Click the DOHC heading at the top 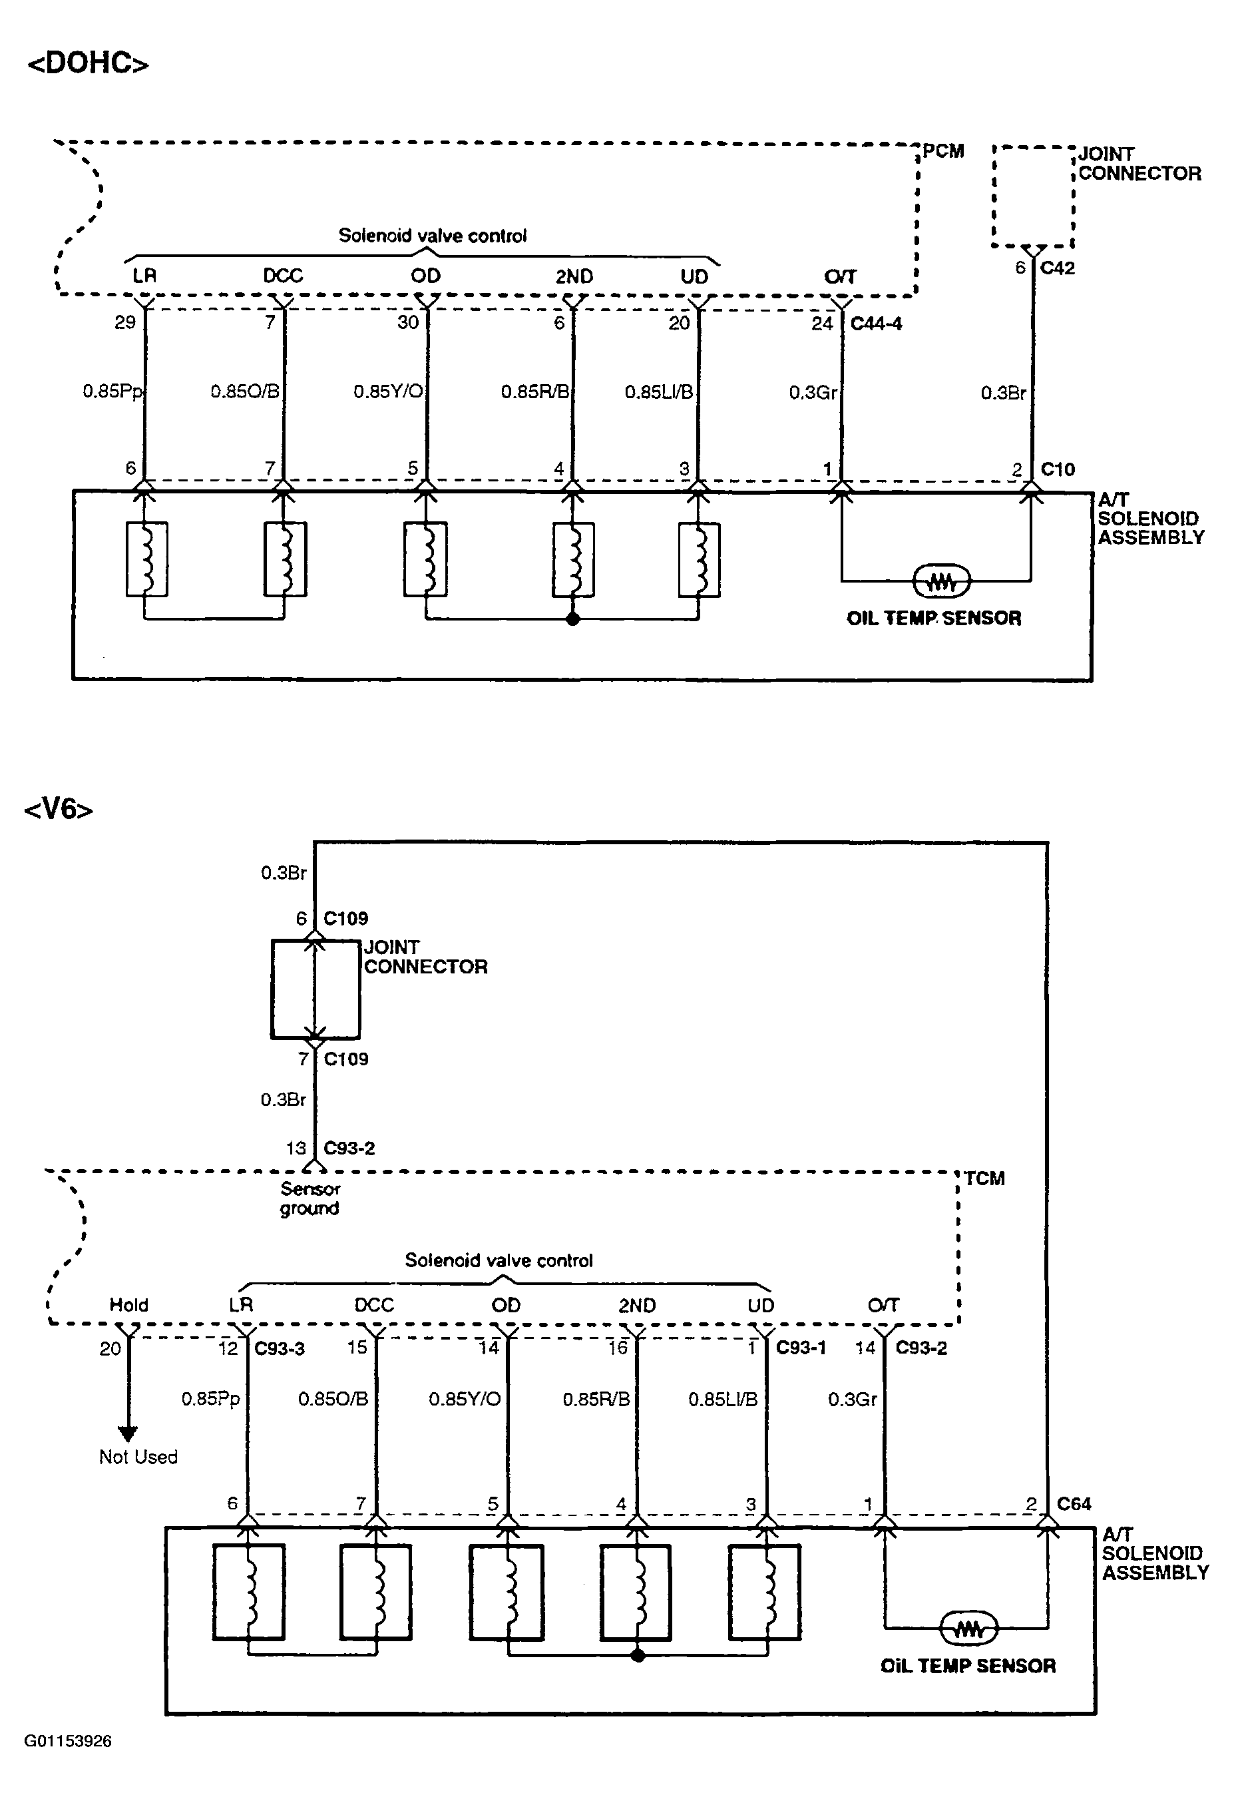[x=88, y=63]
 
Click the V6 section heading [x=59, y=810]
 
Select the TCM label [x=984, y=1178]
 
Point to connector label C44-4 [x=876, y=323]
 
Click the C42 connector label [x=1057, y=268]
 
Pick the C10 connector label [x=1058, y=469]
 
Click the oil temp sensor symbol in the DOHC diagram [x=941, y=581]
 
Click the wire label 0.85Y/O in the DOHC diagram [x=388, y=391]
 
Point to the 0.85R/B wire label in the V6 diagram [x=596, y=1400]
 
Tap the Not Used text [x=138, y=1457]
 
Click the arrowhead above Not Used [x=128, y=1432]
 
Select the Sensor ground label [x=310, y=1198]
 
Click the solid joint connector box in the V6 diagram [x=315, y=989]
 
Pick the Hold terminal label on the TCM [x=128, y=1305]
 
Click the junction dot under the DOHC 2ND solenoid [x=573, y=619]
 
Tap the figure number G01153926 [x=68, y=1741]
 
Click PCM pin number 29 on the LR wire [x=125, y=322]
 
